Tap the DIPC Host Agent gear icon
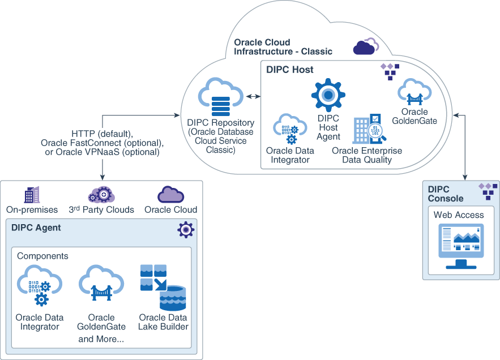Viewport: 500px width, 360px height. pyautogui.click(x=328, y=95)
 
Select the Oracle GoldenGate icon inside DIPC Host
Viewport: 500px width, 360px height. pyautogui.click(x=415, y=92)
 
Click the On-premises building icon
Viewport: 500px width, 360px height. pyautogui.click(x=32, y=194)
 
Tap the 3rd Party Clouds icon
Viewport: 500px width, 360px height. pyautogui.click(x=101, y=195)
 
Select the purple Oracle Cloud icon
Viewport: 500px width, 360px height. pyautogui.click(x=170, y=194)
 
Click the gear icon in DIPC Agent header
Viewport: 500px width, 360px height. pyautogui.click(x=186, y=229)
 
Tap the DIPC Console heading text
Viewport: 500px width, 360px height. pyautogui.click(x=446, y=194)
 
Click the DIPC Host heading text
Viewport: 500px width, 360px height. pyautogui.click(x=290, y=70)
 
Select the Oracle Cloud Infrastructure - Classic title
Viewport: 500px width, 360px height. pyautogui.click(x=283, y=47)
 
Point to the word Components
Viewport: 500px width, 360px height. pyautogui.click(x=42, y=256)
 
